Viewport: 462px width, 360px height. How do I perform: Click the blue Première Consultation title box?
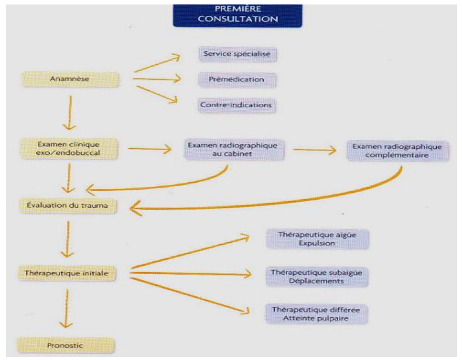(x=237, y=15)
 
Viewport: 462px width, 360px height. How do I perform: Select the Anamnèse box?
(x=70, y=79)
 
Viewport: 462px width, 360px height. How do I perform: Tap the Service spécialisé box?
(x=237, y=55)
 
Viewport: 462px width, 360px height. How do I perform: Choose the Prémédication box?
(x=237, y=80)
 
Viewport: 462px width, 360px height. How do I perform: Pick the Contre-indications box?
(x=236, y=105)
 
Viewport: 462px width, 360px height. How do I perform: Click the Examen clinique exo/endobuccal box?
(x=69, y=149)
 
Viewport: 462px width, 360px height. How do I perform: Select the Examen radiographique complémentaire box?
(x=397, y=151)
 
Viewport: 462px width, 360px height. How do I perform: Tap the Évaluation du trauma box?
(x=68, y=206)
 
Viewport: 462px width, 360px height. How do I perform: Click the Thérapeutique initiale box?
(x=67, y=274)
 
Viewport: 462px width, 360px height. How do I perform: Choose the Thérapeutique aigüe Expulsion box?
(x=317, y=239)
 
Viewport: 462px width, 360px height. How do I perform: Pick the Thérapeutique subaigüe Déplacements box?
(x=317, y=277)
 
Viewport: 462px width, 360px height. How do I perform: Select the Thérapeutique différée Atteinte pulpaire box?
(x=316, y=314)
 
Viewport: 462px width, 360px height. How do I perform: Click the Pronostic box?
(x=66, y=346)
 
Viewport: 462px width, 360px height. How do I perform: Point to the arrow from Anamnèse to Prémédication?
(x=157, y=79)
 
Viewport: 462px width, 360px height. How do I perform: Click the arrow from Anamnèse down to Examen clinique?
(x=70, y=113)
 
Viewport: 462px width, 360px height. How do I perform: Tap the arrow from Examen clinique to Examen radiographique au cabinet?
(x=150, y=149)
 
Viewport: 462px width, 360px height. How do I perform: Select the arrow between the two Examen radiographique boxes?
(x=314, y=150)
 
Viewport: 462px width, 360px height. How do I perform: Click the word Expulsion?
(x=317, y=243)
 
